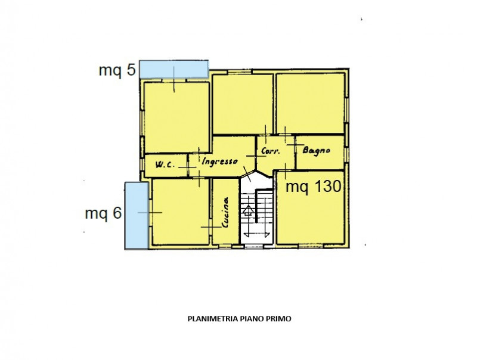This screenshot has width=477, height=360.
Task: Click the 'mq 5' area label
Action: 117,70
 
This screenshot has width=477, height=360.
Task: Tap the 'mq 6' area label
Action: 103,213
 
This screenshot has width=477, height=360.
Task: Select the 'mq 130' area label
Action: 314,187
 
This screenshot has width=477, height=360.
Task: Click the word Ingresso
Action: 219,161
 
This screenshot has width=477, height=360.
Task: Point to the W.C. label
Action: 165,165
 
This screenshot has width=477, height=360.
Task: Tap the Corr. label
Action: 271,151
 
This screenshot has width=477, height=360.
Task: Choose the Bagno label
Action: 317,150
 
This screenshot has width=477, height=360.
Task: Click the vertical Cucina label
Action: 225,212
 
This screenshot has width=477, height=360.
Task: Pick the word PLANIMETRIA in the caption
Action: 213,319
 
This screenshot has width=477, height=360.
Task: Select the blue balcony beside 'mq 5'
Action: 174,69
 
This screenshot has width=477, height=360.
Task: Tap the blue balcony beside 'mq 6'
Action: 137,216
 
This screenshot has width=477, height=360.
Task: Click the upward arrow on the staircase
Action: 249,210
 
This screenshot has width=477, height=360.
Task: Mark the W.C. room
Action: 166,166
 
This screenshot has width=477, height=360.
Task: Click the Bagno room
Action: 320,153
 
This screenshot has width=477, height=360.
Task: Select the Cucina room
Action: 225,212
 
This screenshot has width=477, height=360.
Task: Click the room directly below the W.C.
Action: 181,212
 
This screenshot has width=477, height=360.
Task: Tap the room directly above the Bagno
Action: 310,103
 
